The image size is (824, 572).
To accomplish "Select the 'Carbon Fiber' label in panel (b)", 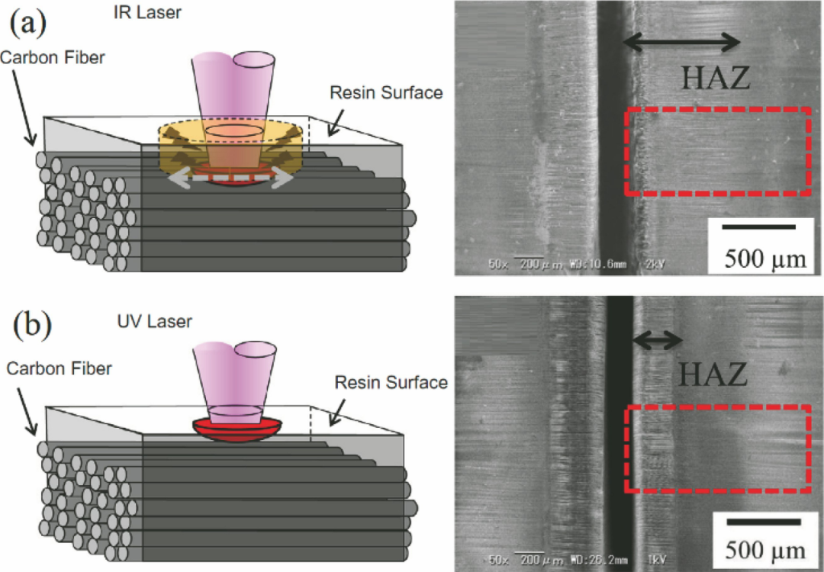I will pyautogui.click(x=59, y=369).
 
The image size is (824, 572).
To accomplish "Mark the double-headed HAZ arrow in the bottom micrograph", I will pyautogui.click(x=658, y=339).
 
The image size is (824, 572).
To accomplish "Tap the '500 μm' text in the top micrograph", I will pyautogui.click(x=763, y=258).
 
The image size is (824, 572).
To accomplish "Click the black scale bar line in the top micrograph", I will pyautogui.click(x=759, y=227).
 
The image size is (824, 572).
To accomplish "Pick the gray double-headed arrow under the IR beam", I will pyautogui.click(x=229, y=179).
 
